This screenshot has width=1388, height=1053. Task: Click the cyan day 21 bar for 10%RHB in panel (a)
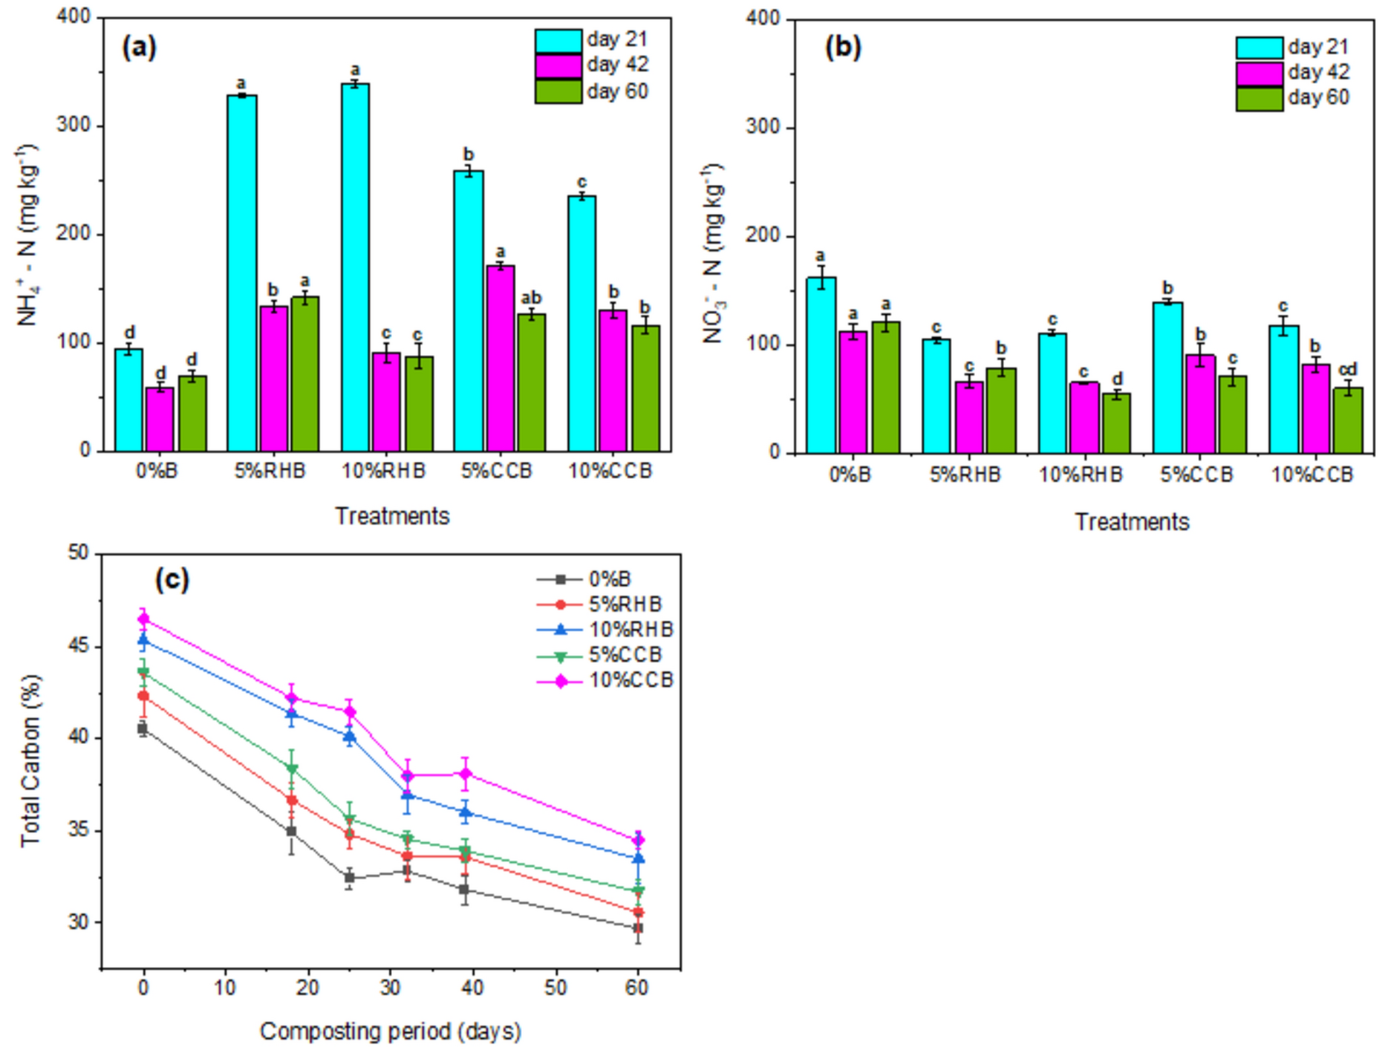[x=355, y=267]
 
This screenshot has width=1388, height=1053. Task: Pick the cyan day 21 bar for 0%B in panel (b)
[x=821, y=365]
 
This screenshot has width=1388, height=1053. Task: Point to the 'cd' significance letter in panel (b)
[x=1347, y=370]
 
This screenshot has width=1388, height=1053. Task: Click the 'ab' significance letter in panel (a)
[x=531, y=299]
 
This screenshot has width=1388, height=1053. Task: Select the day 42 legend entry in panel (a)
[x=591, y=65]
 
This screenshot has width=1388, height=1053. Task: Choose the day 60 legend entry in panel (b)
[x=1292, y=98]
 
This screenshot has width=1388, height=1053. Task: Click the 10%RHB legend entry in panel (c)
[x=605, y=630]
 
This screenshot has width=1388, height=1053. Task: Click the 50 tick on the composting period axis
[x=555, y=988]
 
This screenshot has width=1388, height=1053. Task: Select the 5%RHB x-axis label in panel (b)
[x=965, y=475]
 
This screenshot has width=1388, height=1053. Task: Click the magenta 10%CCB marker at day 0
[x=143, y=619]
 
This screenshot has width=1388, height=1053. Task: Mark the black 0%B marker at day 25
[x=349, y=878]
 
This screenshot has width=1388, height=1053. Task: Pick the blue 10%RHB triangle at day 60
[x=637, y=858]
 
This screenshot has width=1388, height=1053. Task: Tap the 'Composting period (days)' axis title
[x=391, y=1031]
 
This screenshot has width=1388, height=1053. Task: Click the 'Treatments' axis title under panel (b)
[x=1131, y=522]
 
